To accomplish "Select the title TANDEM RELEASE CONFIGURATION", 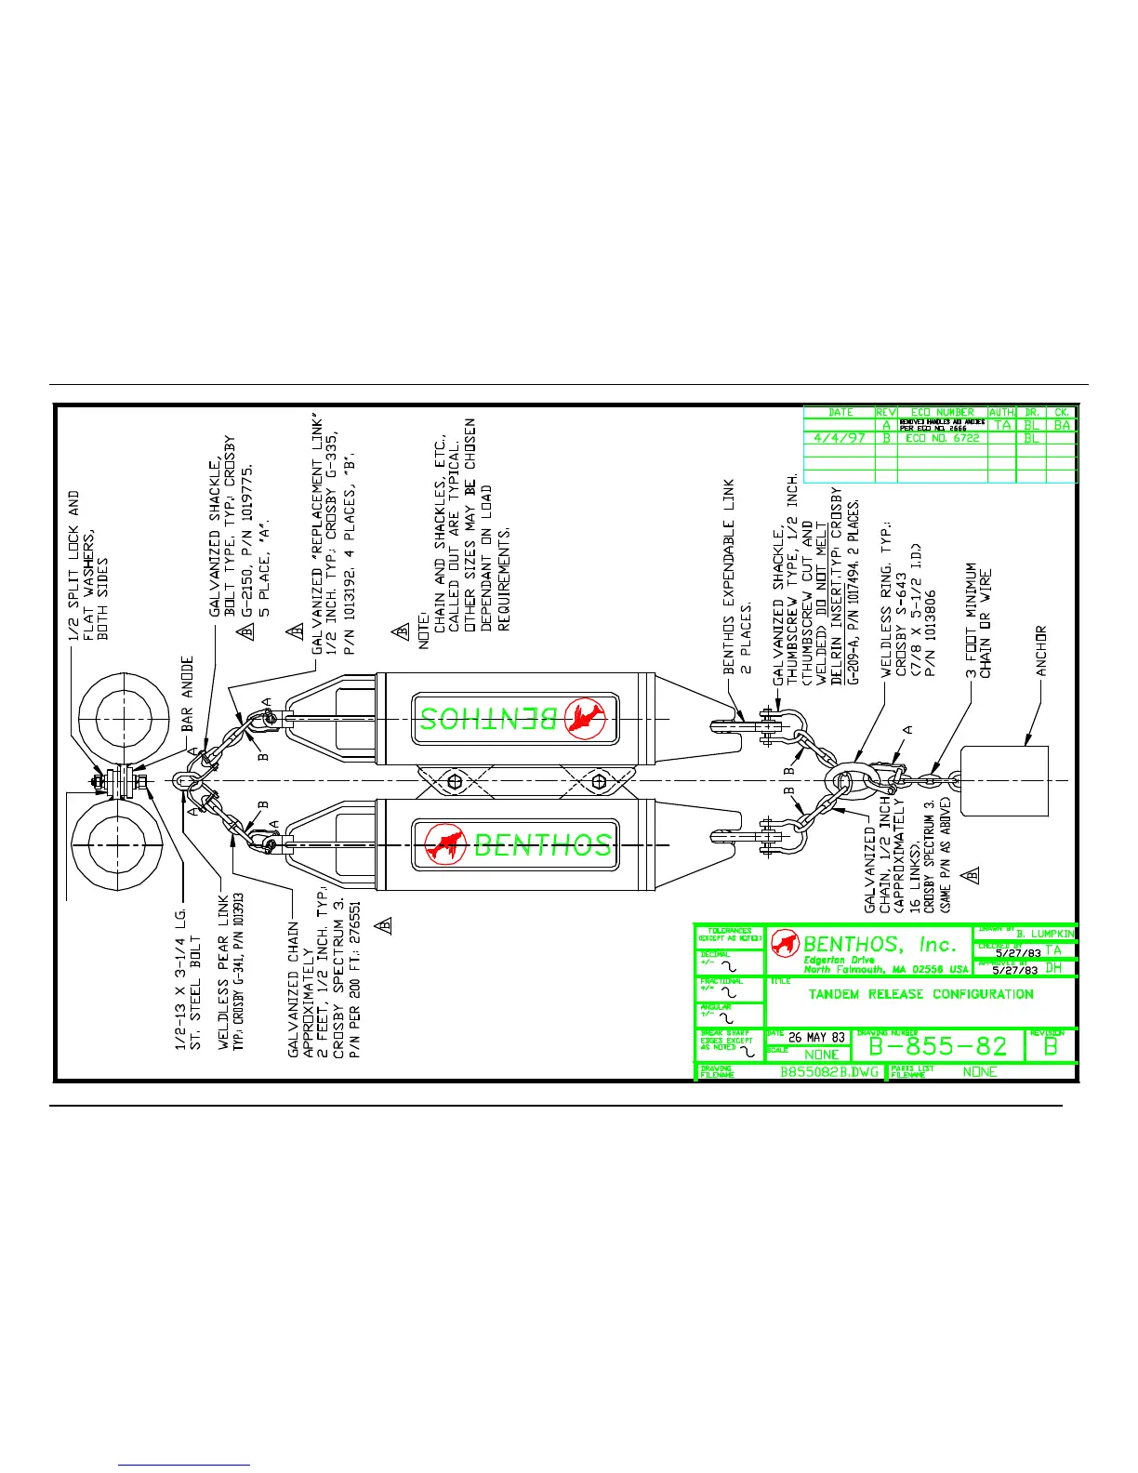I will point(920,994).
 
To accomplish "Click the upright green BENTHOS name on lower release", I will point(543,844).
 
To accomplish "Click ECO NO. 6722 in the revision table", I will point(942,438).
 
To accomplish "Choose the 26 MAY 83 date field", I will point(816,1037).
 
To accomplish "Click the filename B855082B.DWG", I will point(829,1072).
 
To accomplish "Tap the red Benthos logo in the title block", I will point(786,943).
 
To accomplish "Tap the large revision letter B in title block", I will point(1051,1046).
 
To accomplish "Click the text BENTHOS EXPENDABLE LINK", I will point(730,577).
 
